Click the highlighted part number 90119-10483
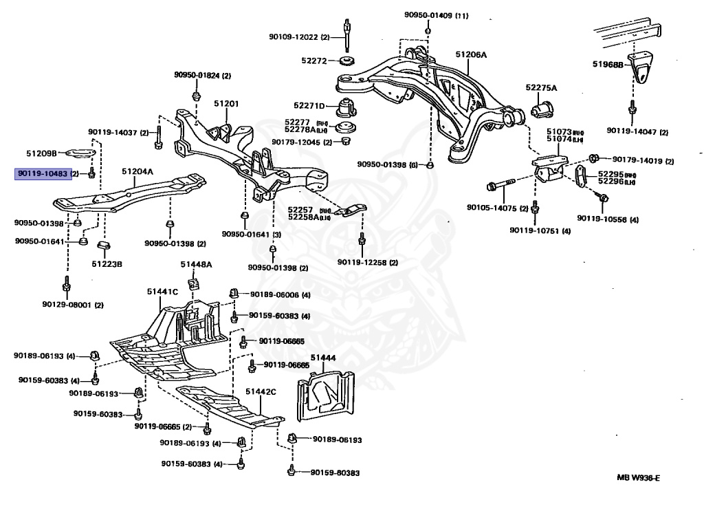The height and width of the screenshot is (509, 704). tap(43, 174)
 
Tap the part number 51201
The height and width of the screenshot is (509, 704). tap(225, 104)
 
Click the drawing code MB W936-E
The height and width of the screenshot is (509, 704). tap(642, 478)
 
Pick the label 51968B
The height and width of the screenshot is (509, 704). tap(608, 65)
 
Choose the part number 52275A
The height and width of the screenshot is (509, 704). tap(541, 88)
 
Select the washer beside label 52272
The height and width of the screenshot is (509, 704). tap(348, 62)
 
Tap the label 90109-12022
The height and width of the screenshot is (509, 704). tap(294, 36)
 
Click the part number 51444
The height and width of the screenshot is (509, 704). tap(322, 358)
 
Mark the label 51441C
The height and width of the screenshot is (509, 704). tap(162, 292)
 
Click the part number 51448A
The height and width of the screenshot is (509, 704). tap(196, 264)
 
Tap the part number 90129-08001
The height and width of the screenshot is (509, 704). tap(67, 304)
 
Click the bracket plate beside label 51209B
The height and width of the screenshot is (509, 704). tap(81, 154)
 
